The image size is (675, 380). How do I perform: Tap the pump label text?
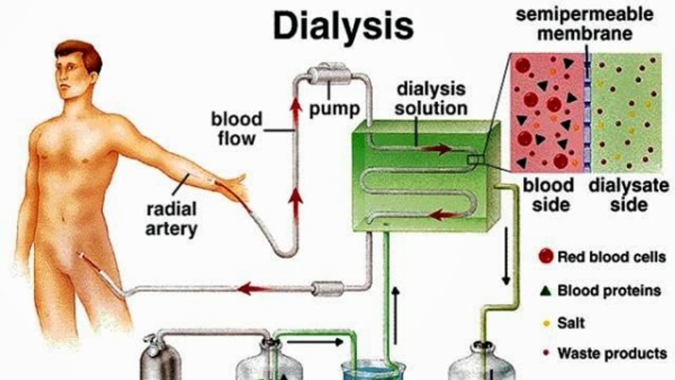(x=334, y=109)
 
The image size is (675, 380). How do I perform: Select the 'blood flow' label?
(x=236, y=128)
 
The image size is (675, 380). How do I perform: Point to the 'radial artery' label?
(x=171, y=219)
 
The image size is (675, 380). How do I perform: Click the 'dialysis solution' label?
(x=431, y=98)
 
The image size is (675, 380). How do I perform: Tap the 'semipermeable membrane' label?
(x=584, y=24)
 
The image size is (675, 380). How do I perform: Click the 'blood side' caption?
(x=548, y=195)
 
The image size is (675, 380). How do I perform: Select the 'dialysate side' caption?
(x=629, y=195)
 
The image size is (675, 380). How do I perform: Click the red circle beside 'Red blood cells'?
(x=546, y=257)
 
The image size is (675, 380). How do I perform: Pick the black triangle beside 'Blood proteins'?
(x=546, y=290)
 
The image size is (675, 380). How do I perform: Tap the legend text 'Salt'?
(x=571, y=322)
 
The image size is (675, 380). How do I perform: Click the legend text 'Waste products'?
(x=612, y=353)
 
